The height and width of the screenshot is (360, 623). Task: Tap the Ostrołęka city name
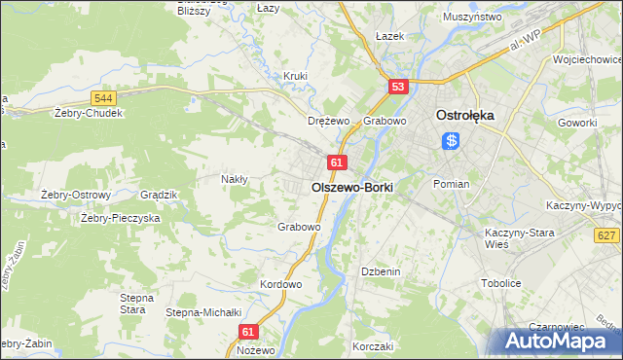(466, 114)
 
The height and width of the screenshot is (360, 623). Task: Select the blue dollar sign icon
(452, 141)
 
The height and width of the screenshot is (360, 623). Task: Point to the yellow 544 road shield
(104, 98)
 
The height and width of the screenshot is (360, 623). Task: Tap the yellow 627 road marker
(605, 235)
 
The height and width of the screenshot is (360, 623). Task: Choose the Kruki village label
(295, 76)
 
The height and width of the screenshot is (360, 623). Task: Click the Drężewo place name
(328, 122)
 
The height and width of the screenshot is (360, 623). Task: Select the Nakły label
(235, 179)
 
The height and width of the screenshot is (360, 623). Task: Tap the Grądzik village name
(158, 195)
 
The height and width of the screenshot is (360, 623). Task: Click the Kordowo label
(281, 284)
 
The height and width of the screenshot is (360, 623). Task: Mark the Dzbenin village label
(381, 271)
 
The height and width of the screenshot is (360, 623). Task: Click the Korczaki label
(372, 346)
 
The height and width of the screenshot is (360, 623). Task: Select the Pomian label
(451, 184)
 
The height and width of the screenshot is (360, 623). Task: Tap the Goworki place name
(576, 124)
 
